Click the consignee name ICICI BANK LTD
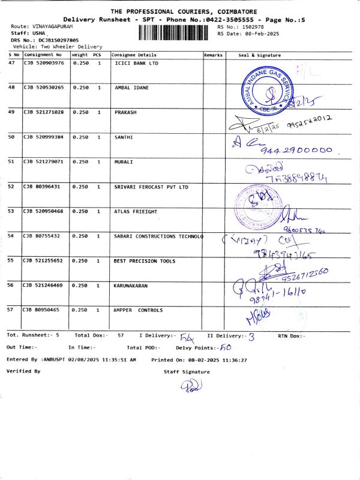pyautogui.click(x=136, y=63)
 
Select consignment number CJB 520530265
pyautogui.click(x=43, y=88)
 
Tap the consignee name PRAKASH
pyautogui.click(x=125, y=112)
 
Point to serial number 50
pyautogui.click(x=11, y=137)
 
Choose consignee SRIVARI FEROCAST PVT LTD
pyautogui.click(x=151, y=187)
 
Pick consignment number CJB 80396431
pyautogui.click(x=41, y=187)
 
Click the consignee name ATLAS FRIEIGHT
pyautogui.click(x=136, y=211)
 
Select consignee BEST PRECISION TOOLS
pyautogui.click(x=145, y=261)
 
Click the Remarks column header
pyautogui.click(x=214, y=55)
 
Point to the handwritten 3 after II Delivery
pyautogui.click(x=251, y=337)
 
